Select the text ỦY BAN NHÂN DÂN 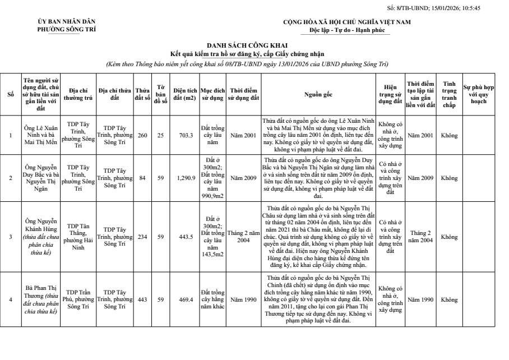click(x=67, y=22)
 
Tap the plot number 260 click(x=142, y=135)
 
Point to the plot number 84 click(x=142, y=178)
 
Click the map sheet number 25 click(x=160, y=135)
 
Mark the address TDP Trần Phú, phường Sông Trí click(x=78, y=299)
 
